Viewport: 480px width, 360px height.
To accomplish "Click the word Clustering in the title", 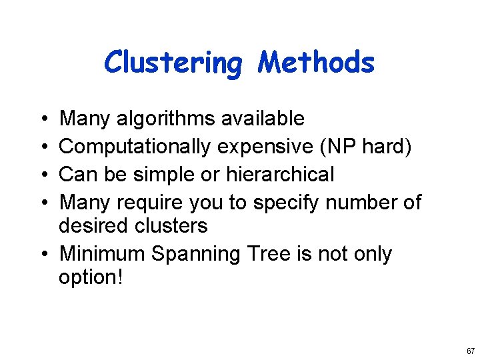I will coord(175,63).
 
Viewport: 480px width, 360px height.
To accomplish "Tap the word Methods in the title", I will coord(317,62).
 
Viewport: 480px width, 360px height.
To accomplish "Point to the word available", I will coord(263,119).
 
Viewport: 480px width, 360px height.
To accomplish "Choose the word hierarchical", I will coord(280,175).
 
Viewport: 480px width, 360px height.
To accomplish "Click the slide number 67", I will coord(471,351).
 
